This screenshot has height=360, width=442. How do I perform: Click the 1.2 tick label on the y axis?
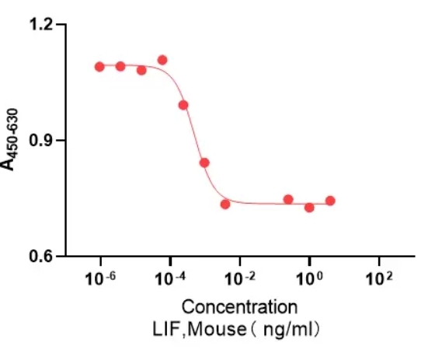42,25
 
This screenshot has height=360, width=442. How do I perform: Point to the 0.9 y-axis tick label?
42,141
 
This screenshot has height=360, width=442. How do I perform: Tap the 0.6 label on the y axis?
42,256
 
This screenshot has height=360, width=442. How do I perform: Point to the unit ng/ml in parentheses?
290,328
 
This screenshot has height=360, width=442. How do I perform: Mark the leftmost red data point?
99,67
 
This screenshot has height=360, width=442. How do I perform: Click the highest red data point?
162,60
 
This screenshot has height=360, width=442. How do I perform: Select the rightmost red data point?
330,201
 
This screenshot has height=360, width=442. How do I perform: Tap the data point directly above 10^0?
309,208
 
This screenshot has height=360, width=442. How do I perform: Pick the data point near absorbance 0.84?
204,163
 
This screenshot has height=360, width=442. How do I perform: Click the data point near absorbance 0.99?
183,105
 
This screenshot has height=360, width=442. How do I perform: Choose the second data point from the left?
120,66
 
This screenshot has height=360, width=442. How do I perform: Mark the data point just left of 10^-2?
225,204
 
